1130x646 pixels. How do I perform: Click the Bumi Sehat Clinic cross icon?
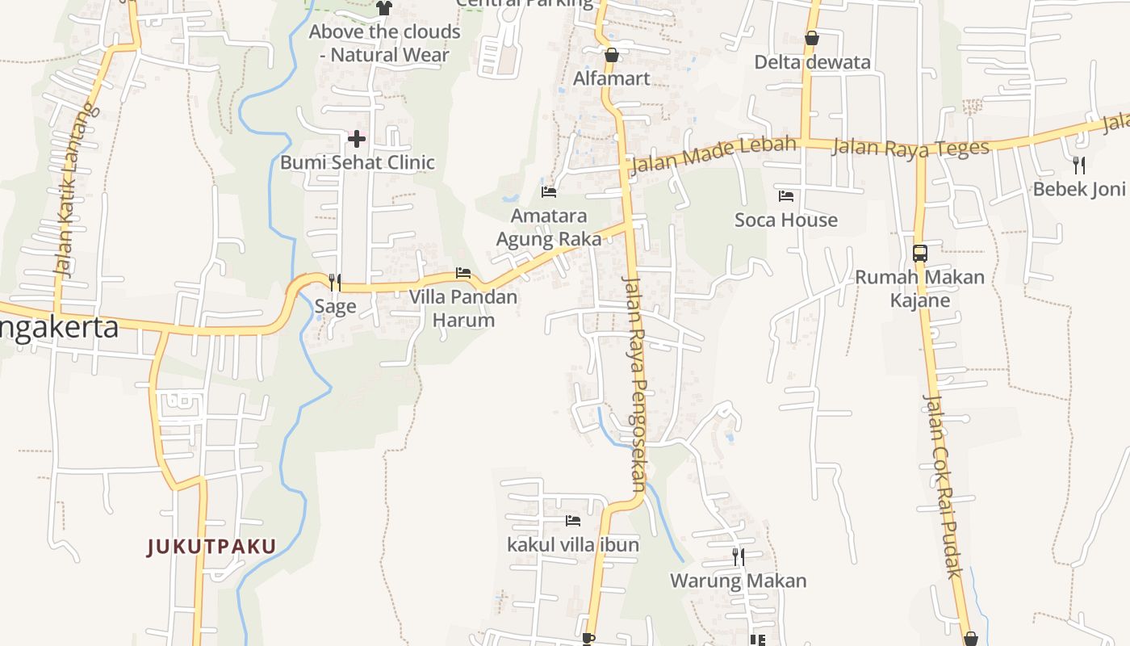coord(356,139)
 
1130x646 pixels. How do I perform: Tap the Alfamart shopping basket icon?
coord(612,55)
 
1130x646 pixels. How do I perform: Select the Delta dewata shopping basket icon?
coord(812,38)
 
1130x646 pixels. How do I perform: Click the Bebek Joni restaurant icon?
coord(1079,166)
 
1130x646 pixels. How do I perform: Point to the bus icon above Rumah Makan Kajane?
coord(920,253)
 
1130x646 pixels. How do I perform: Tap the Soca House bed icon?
coord(786,195)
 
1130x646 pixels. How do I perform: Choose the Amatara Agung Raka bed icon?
coord(549,191)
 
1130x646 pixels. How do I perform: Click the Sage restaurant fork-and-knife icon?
coord(335,282)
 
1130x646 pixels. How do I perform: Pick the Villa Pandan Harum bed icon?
coord(463,273)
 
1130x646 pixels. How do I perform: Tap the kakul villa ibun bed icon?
coord(573,521)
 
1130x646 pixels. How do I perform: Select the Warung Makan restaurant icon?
coord(738,556)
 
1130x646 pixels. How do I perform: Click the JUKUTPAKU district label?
coord(211,547)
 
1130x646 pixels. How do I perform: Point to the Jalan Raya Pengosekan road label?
coord(635,384)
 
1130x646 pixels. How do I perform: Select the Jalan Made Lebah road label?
coord(713,154)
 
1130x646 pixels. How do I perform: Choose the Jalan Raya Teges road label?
coord(910,148)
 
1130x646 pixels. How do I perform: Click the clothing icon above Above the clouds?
coord(384,8)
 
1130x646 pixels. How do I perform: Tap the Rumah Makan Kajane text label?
coord(919,288)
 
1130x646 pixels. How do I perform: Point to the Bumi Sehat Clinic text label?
coord(358,162)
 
